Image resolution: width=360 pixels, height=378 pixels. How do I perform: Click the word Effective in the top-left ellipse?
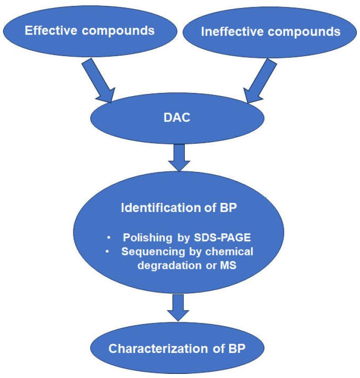(47, 31)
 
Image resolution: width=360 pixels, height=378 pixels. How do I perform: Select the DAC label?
(177, 118)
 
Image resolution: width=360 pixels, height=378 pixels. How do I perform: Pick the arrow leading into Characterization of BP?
(179, 307)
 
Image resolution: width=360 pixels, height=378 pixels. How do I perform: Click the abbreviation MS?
(227, 266)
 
